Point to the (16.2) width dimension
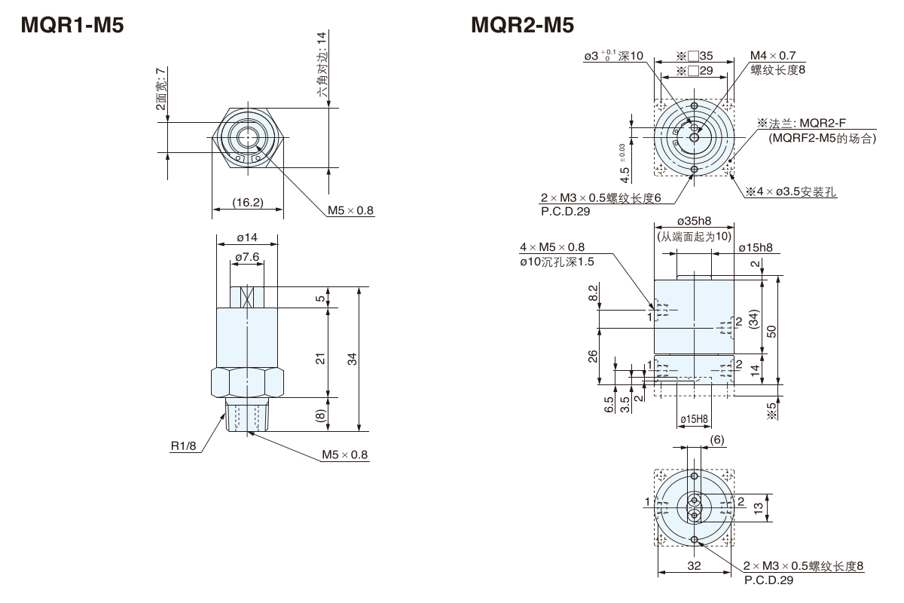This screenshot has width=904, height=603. click(247, 202)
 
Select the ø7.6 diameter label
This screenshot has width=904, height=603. click(247, 258)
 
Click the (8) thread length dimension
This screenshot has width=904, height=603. click(321, 414)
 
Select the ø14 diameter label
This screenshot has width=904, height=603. click(247, 237)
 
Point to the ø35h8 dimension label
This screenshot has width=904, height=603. click(694, 222)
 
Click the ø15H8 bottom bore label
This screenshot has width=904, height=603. click(693, 419)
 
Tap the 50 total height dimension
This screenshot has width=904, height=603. click(771, 332)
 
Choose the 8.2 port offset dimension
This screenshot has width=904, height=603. click(593, 293)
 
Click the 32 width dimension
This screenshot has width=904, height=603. click(694, 565)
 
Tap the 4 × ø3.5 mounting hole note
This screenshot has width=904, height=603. click(791, 192)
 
